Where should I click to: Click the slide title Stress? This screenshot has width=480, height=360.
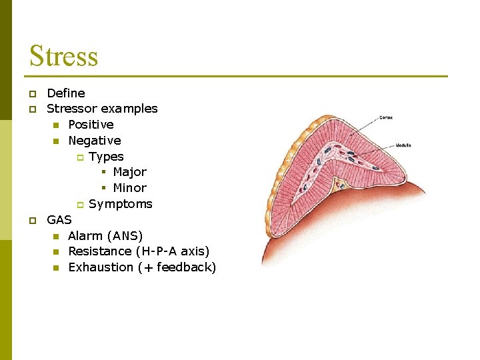click(x=63, y=55)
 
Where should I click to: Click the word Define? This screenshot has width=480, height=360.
click(x=66, y=93)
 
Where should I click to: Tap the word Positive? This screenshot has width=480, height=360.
click(x=91, y=124)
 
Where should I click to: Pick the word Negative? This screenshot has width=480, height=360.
click(x=95, y=140)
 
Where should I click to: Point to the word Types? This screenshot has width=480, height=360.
click(x=106, y=156)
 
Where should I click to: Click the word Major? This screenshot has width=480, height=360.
click(x=129, y=171)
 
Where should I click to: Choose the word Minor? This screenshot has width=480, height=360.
click(x=129, y=187)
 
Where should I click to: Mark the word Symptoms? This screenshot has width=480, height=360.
click(x=121, y=203)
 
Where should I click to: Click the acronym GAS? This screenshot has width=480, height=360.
click(x=59, y=219)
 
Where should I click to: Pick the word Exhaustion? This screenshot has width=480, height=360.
click(x=101, y=267)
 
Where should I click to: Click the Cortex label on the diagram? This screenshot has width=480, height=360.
click(x=386, y=118)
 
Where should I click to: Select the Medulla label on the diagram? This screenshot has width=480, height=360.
click(x=403, y=145)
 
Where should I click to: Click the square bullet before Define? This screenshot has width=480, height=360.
click(x=31, y=93)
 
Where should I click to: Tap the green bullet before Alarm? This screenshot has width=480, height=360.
click(x=56, y=236)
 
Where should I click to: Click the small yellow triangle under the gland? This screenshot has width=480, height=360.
click(x=340, y=183)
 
